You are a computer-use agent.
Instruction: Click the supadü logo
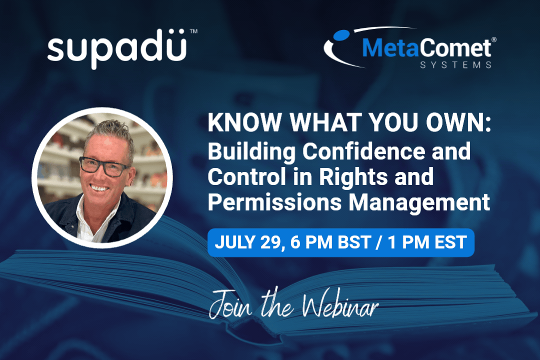(x=117, y=49)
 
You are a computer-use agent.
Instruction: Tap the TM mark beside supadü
(x=193, y=31)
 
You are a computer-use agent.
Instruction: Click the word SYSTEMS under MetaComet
(x=455, y=65)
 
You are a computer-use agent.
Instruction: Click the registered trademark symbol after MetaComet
(x=494, y=39)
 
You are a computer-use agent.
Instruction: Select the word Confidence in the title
(x=363, y=151)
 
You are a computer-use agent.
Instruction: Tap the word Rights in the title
(x=353, y=176)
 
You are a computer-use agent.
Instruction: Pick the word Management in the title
(x=419, y=202)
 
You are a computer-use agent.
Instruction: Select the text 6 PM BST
(x=330, y=242)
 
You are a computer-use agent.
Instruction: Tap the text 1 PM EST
(x=427, y=242)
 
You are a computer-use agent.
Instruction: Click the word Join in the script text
(x=230, y=304)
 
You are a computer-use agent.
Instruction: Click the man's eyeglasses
(x=104, y=166)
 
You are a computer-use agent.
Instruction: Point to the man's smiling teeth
(x=99, y=188)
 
